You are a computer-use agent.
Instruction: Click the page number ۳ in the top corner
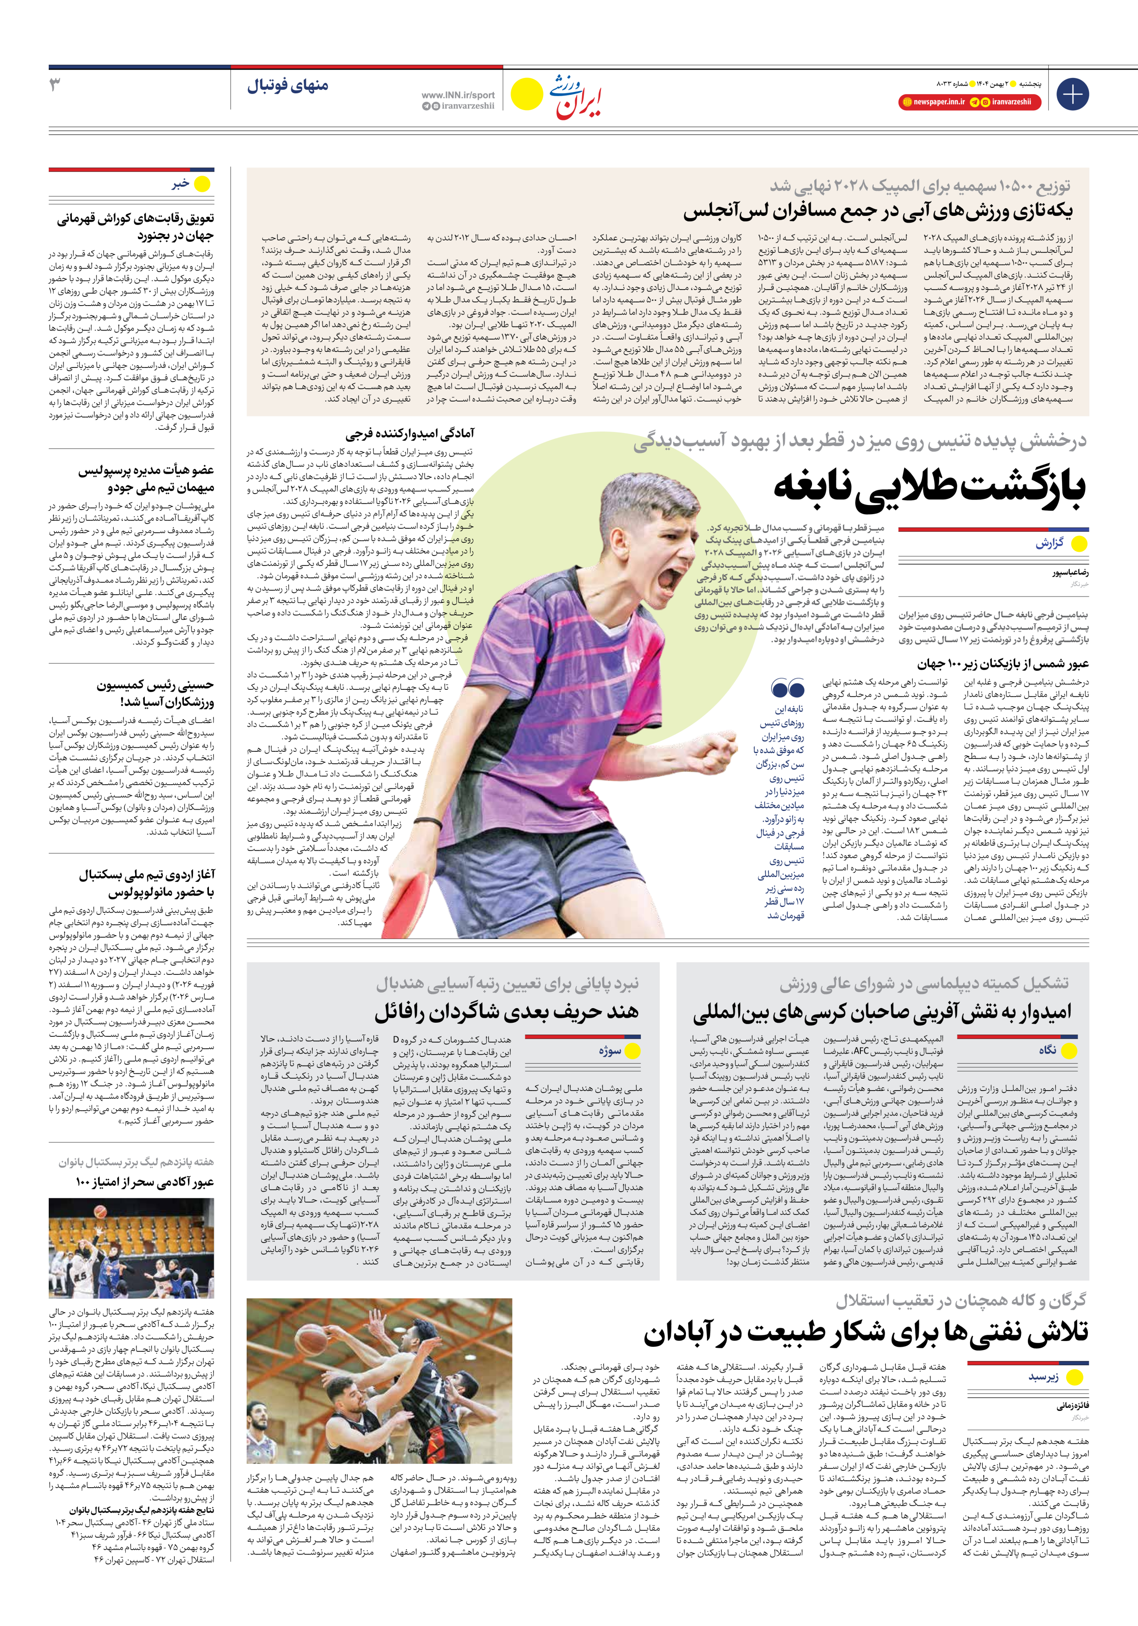(x=55, y=86)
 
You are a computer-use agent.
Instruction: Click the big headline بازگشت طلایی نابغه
(x=929, y=487)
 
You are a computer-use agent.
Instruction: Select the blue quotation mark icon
(x=787, y=688)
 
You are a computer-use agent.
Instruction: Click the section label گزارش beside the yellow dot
(x=1050, y=543)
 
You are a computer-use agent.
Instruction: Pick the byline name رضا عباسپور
(x=1070, y=572)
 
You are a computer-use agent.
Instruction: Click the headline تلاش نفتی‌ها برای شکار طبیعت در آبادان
(x=865, y=1334)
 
